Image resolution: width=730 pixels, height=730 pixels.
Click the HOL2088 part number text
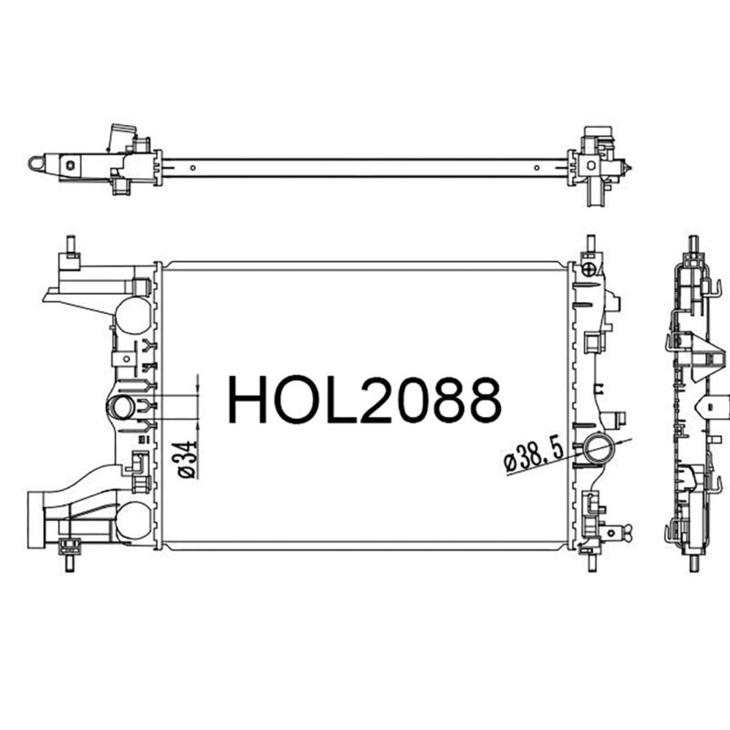tap(364, 401)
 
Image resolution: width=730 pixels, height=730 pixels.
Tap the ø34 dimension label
tap(184, 460)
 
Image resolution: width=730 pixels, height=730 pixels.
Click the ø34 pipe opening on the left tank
tap(122, 407)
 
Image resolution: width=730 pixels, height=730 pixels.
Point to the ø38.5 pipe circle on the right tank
tap(599, 448)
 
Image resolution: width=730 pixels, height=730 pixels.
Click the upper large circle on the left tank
tap(132, 315)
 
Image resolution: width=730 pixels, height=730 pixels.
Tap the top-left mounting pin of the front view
tap(71, 245)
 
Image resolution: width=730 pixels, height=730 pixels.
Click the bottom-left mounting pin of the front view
tap(69, 562)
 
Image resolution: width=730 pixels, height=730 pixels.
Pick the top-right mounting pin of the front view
tap(590, 244)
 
